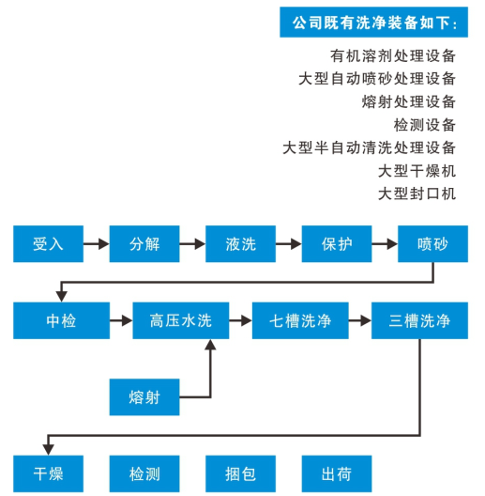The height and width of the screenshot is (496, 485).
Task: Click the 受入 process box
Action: [x=49, y=244]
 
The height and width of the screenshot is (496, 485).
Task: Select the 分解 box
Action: [x=144, y=244]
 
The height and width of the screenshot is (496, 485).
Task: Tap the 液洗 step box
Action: [x=240, y=244]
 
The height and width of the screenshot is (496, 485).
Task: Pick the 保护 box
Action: [x=337, y=244]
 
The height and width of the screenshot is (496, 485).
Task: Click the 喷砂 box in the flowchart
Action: [x=432, y=244]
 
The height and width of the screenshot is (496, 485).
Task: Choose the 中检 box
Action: [x=61, y=320]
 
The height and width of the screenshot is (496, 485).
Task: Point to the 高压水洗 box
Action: [x=181, y=320]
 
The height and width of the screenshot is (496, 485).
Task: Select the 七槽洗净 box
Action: [x=300, y=320]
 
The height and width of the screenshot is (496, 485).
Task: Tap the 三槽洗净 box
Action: [x=419, y=320]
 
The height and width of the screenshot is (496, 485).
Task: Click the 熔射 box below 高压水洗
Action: [x=144, y=397]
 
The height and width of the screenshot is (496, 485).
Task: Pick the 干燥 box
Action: [x=49, y=473]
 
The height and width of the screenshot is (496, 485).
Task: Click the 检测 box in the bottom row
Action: [x=144, y=473]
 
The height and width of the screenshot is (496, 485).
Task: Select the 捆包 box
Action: [x=240, y=473]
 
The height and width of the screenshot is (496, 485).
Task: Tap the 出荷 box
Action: [x=337, y=473]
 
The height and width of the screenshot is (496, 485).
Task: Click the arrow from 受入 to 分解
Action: [x=97, y=244]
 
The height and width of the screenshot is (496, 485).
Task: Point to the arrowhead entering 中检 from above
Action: [x=61, y=297]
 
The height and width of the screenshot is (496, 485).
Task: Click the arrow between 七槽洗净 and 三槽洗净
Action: [x=360, y=320]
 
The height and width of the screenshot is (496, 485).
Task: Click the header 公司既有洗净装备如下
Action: [x=373, y=23]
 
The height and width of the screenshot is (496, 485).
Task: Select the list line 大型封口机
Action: [x=417, y=194]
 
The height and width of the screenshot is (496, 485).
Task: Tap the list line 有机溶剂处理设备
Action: [x=393, y=56]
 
